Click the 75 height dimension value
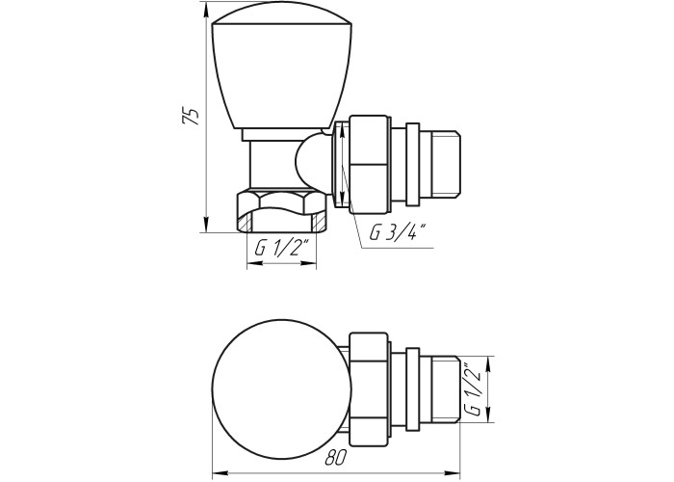click(191, 116)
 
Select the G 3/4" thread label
click(398, 232)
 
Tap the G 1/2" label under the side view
click(282, 249)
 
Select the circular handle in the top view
click(282, 388)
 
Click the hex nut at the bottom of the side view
click(282, 211)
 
